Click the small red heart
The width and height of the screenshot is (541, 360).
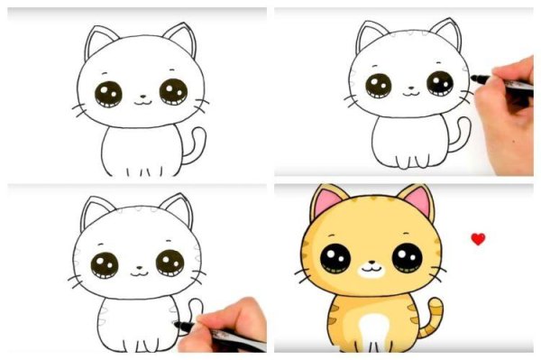pyautogui.click(x=478, y=239)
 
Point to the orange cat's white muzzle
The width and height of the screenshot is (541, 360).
pyautogui.click(x=370, y=269)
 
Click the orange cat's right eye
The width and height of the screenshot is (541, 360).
pyautogui.click(x=407, y=258)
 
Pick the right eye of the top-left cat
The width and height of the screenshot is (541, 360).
pyautogui.click(x=173, y=91)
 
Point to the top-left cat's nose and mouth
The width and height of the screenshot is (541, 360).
pyautogui.click(x=141, y=99)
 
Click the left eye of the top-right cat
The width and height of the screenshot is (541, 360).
pyautogui.click(x=378, y=86)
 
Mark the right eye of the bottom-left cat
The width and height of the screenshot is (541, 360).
pyautogui.click(x=170, y=263)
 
